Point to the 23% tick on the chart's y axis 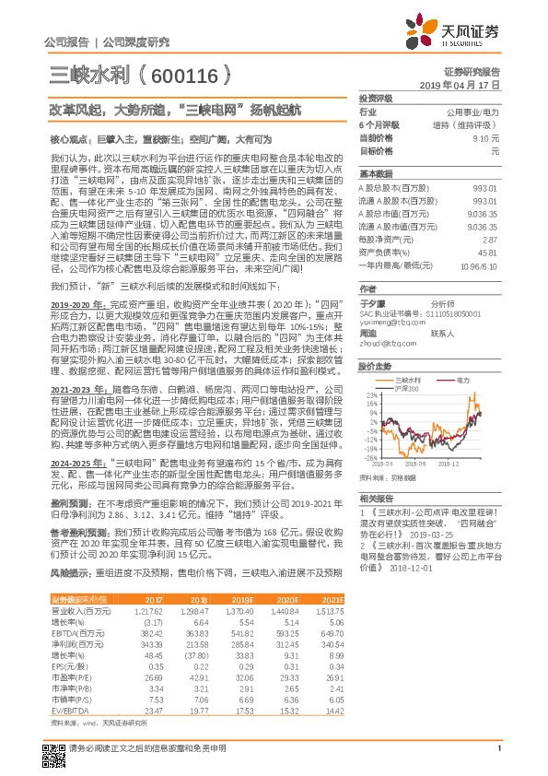tap(371, 395)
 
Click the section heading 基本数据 tap(375, 173)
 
